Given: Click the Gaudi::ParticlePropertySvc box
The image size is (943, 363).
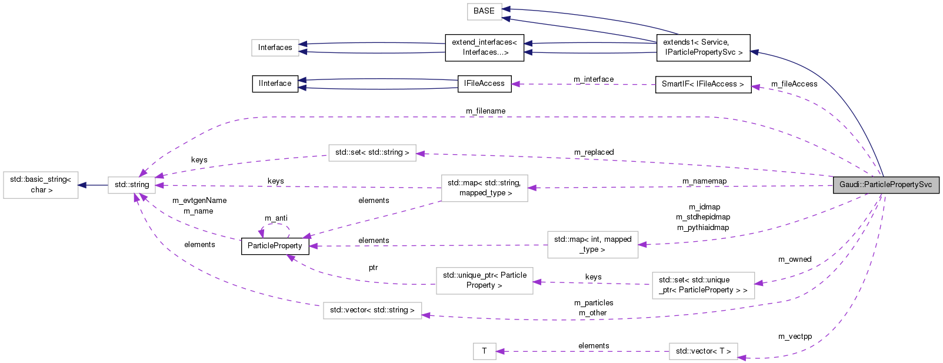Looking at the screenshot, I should pos(885,185).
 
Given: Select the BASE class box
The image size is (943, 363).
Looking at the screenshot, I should pos(484,11).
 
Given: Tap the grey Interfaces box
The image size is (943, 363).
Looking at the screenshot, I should pos(275,48).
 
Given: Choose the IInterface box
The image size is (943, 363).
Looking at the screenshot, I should pos(275,84).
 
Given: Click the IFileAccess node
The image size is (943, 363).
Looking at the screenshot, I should pos(484,84).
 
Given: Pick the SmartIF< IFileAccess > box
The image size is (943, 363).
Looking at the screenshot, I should pos(702,84).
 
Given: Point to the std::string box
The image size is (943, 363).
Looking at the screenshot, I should pos(132,185).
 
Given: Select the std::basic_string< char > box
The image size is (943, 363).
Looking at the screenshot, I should pos(41,185).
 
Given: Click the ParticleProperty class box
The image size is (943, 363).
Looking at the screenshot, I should pos(275,246).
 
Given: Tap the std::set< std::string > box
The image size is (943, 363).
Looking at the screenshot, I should pos(372,152).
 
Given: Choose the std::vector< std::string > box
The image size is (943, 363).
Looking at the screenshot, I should pos(372,310).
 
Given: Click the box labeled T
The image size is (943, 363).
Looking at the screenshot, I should pos(484,351).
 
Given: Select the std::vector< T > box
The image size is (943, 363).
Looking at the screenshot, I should pos(703,351).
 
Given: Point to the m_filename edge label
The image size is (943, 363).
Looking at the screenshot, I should pos(485,111).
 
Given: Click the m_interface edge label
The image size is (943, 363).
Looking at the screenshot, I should pos(594,79).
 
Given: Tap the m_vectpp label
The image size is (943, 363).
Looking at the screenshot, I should pos(795,337).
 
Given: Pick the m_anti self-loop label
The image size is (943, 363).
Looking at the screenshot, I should pos(276,218).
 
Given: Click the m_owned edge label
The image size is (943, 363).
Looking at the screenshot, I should pos(795,259).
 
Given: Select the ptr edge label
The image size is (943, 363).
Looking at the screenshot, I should pos(373,268).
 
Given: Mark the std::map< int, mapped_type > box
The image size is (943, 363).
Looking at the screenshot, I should pos(592,244).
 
